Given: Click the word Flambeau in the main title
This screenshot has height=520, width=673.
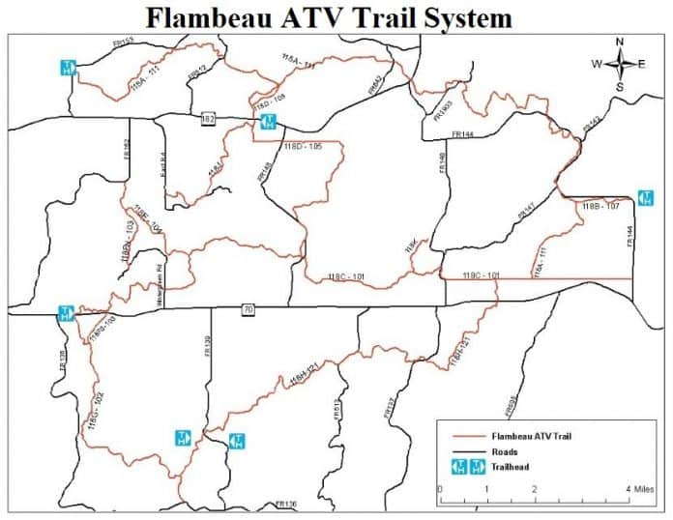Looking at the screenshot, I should pyautogui.click(x=228, y=17).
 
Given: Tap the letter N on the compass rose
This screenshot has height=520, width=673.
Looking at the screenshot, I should pyautogui.click(x=620, y=42).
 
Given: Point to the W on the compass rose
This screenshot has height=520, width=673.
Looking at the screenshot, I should pyautogui.click(x=597, y=64).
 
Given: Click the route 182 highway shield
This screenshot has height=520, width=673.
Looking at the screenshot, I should pyautogui.click(x=207, y=119).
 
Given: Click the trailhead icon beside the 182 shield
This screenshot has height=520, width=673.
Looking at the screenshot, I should pyautogui.click(x=269, y=122).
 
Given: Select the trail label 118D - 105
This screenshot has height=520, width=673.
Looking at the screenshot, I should pyautogui.click(x=302, y=147).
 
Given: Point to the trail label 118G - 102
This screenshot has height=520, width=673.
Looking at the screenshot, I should pyautogui.click(x=94, y=410).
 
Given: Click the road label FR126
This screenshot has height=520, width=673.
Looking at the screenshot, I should pyautogui.click(x=285, y=505).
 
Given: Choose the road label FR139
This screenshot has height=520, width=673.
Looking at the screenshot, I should pyautogui.click(x=207, y=346).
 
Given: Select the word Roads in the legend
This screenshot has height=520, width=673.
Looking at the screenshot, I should pyautogui.click(x=505, y=451).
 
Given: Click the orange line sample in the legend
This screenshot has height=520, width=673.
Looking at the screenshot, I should pyautogui.click(x=466, y=437).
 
